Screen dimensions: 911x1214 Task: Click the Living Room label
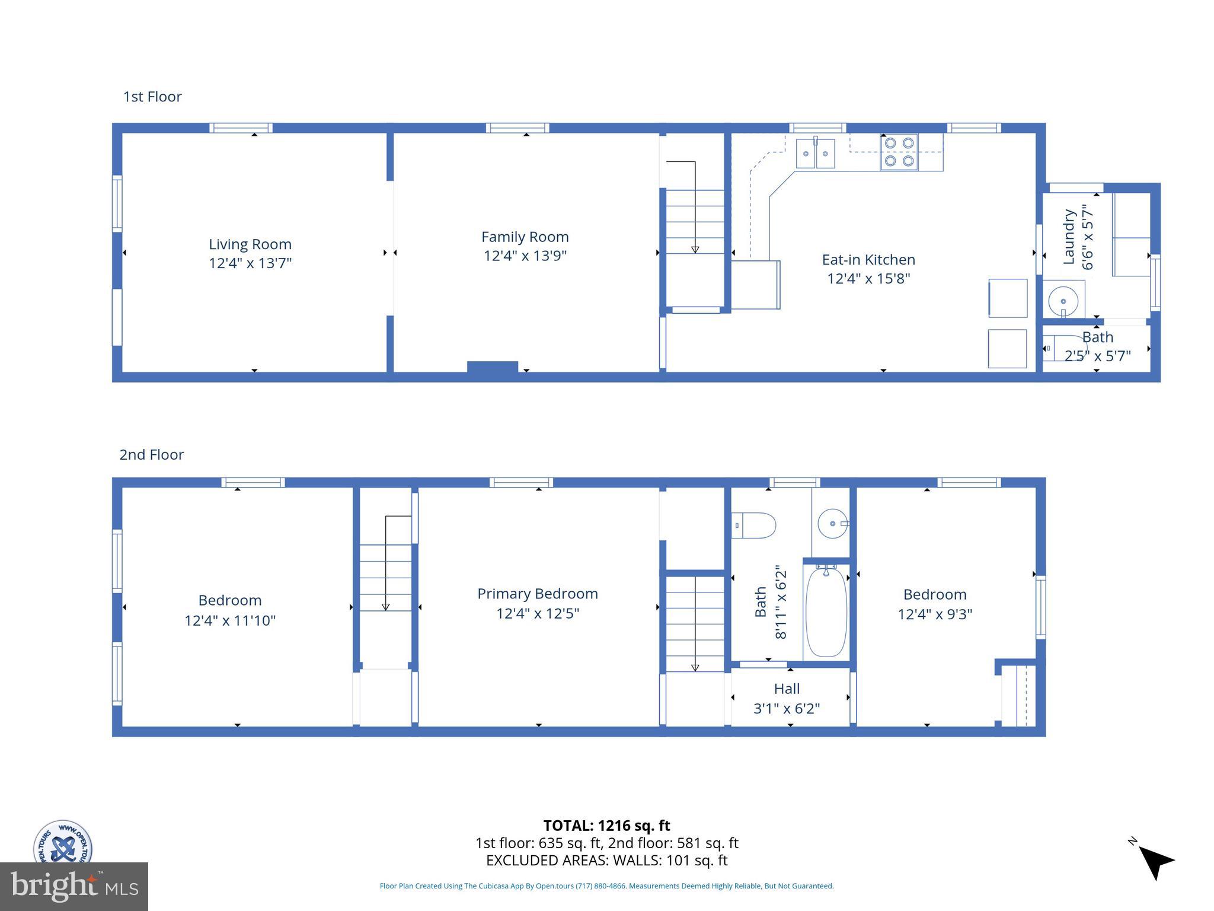point(250,244)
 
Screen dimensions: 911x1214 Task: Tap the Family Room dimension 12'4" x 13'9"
point(525,256)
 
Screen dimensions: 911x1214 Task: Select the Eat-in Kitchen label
point(868,260)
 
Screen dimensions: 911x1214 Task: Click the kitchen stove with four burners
point(899,152)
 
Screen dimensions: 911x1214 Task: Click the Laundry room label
point(1069,237)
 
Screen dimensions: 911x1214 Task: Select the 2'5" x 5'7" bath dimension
point(1097,356)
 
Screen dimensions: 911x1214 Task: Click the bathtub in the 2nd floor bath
point(826,611)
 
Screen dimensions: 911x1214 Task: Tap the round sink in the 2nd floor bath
point(832,524)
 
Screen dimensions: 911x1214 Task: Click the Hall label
point(787,689)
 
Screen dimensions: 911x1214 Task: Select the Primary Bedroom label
point(537,594)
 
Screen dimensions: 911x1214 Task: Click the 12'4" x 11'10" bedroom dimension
point(230,620)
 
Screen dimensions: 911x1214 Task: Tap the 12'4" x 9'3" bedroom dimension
point(935,614)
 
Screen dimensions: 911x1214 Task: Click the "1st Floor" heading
point(152,97)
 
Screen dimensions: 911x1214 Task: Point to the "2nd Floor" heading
point(152,455)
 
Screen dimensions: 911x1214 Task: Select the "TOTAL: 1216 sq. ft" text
point(606,826)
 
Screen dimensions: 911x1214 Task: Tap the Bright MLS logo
point(74,886)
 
